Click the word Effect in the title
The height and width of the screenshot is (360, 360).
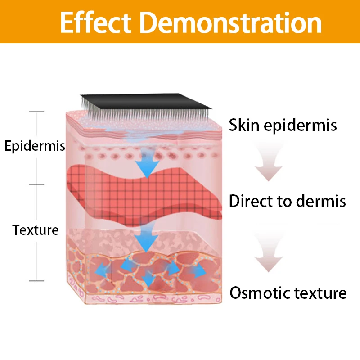(96, 22)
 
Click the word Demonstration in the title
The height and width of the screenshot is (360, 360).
(230, 22)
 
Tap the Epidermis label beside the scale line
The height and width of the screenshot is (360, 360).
(35, 146)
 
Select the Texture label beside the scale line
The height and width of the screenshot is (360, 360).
(36, 230)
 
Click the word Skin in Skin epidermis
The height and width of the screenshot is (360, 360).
(244, 125)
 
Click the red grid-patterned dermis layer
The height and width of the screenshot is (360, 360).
(144, 196)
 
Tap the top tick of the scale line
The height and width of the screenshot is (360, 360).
(36, 112)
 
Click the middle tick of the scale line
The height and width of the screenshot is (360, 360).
(36, 184)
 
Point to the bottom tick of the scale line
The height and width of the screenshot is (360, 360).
(36, 280)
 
